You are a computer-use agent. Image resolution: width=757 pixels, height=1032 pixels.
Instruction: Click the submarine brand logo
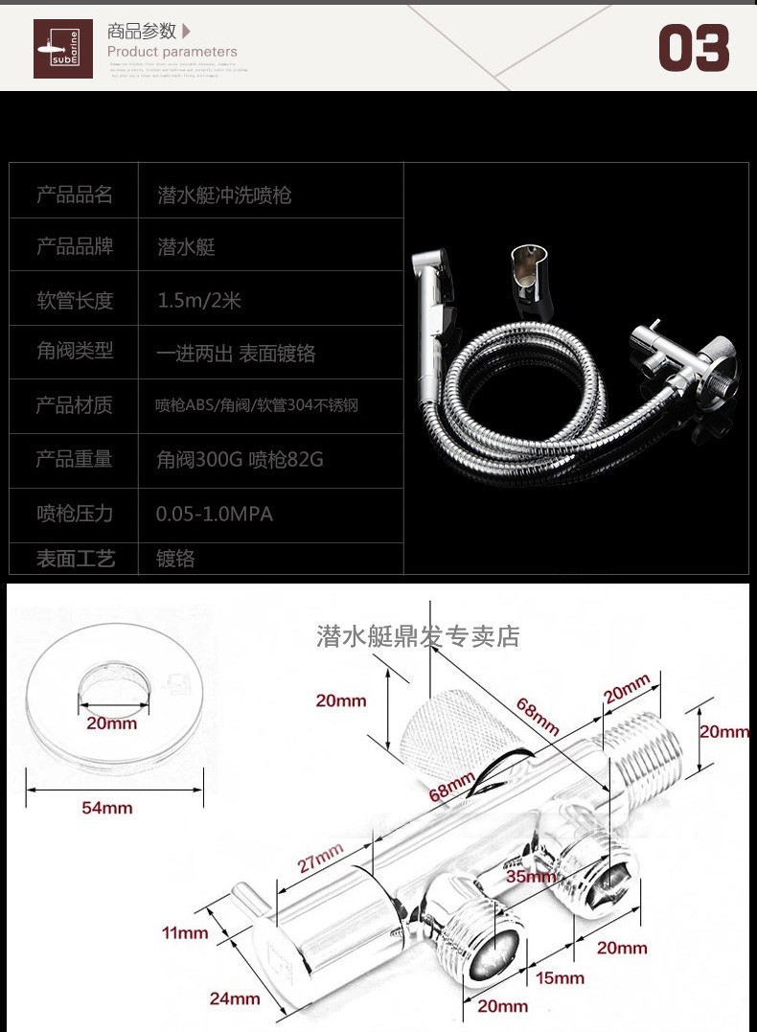click(63, 49)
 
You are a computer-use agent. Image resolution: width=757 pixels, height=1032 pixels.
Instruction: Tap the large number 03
click(694, 48)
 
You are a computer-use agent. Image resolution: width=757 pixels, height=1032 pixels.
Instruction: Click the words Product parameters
click(172, 52)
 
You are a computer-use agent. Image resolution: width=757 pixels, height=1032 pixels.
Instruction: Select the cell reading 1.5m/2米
click(199, 301)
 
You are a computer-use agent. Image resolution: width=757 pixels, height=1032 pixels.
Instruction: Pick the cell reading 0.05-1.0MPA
click(214, 515)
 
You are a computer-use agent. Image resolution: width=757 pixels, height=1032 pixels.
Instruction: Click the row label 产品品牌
click(75, 247)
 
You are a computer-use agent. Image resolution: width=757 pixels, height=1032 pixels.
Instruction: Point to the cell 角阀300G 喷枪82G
click(240, 460)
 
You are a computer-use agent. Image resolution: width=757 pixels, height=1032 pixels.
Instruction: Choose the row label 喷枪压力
click(75, 514)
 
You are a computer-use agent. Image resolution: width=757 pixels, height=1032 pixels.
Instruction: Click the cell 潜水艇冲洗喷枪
click(224, 195)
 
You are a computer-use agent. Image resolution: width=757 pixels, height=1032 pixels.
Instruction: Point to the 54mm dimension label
click(106, 808)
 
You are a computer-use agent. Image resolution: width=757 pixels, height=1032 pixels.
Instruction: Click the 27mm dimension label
click(319, 857)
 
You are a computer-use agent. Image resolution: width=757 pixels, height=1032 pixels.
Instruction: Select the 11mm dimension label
click(185, 932)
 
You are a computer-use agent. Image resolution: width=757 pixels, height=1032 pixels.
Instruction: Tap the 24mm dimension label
click(235, 998)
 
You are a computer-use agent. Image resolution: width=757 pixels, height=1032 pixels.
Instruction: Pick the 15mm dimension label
click(560, 977)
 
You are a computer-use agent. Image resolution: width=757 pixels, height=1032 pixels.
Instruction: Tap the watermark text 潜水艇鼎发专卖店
click(418, 636)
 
